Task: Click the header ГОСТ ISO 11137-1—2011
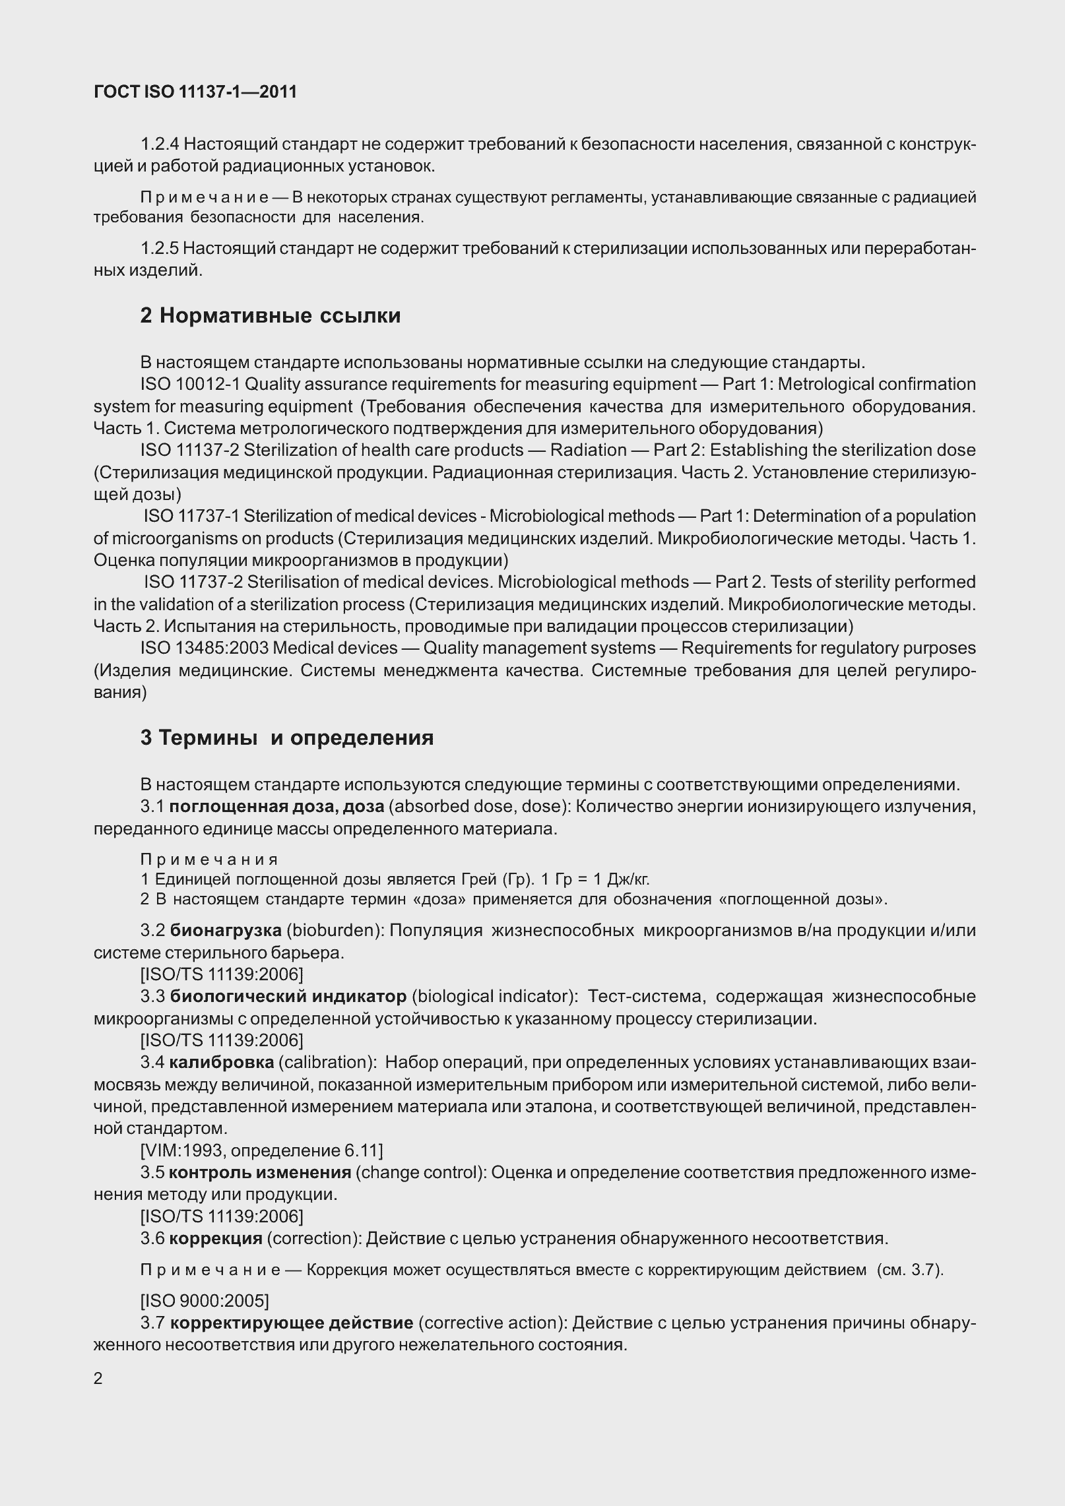pyautogui.click(x=195, y=92)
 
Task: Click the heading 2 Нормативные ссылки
pyautogui.click(x=270, y=316)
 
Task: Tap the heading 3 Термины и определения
pyautogui.click(x=286, y=737)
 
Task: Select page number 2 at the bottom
pyautogui.click(x=98, y=1379)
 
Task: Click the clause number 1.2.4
pyautogui.click(x=159, y=144)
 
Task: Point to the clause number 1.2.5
pyautogui.click(x=159, y=249)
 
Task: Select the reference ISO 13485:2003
pyautogui.click(x=204, y=648)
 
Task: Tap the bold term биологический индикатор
pyautogui.click(x=288, y=996)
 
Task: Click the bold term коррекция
pyautogui.click(x=216, y=1238)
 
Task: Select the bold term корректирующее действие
pyautogui.click(x=291, y=1323)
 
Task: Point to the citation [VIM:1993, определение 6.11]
pyautogui.click(x=261, y=1150)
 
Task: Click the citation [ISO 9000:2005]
pyautogui.click(x=205, y=1301)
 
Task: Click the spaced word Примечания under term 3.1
pyautogui.click(x=209, y=860)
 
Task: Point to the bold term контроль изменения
pyautogui.click(x=260, y=1172)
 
